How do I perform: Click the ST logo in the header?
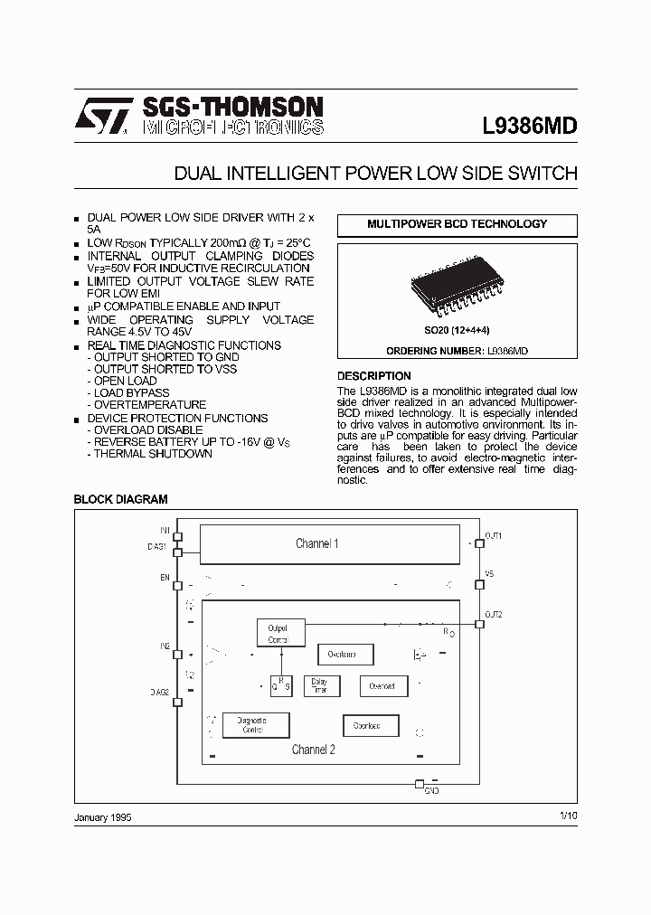(x=103, y=116)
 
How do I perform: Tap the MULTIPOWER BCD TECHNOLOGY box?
(x=457, y=224)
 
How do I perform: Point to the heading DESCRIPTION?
(x=373, y=375)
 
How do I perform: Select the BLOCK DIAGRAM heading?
(x=120, y=499)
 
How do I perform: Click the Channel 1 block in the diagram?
(x=316, y=543)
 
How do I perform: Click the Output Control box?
(x=278, y=634)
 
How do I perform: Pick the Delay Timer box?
(x=319, y=686)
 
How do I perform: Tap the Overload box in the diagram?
(x=382, y=686)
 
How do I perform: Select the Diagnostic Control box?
(x=256, y=725)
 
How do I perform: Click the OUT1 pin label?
(x=494, y=536)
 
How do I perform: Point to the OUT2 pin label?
(x=494, y=615)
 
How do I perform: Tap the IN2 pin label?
(x=165, y=646)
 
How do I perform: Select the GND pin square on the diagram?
(x=419, y=784)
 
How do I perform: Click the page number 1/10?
(x=568, y=816)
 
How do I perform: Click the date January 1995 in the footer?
(x=102, y=816)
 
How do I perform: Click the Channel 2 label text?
(x=313, y=750)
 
